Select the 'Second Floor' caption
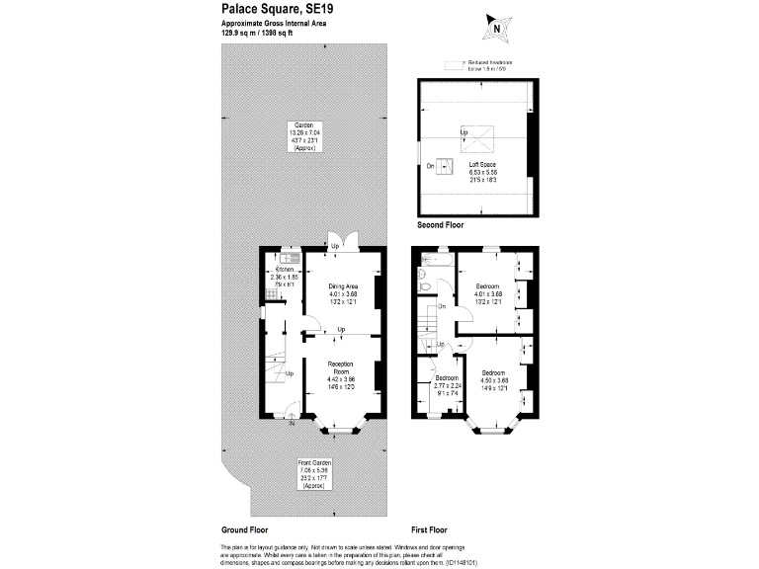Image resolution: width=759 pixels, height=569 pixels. pyautogui.click(x=440, y=225)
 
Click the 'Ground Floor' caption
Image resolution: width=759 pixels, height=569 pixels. pyautogui.click(x=243, y=529)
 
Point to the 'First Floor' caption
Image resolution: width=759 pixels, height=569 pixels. pyautogui.click(x=431, y=529)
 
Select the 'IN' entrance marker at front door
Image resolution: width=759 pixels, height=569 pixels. pyautogui.click(x=292, y=424)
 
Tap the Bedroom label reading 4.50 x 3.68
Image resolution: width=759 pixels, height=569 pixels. pyautogui.click(x=493, y=380)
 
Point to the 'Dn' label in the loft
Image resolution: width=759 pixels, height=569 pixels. pyautogui.click(x=430, y=167)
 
